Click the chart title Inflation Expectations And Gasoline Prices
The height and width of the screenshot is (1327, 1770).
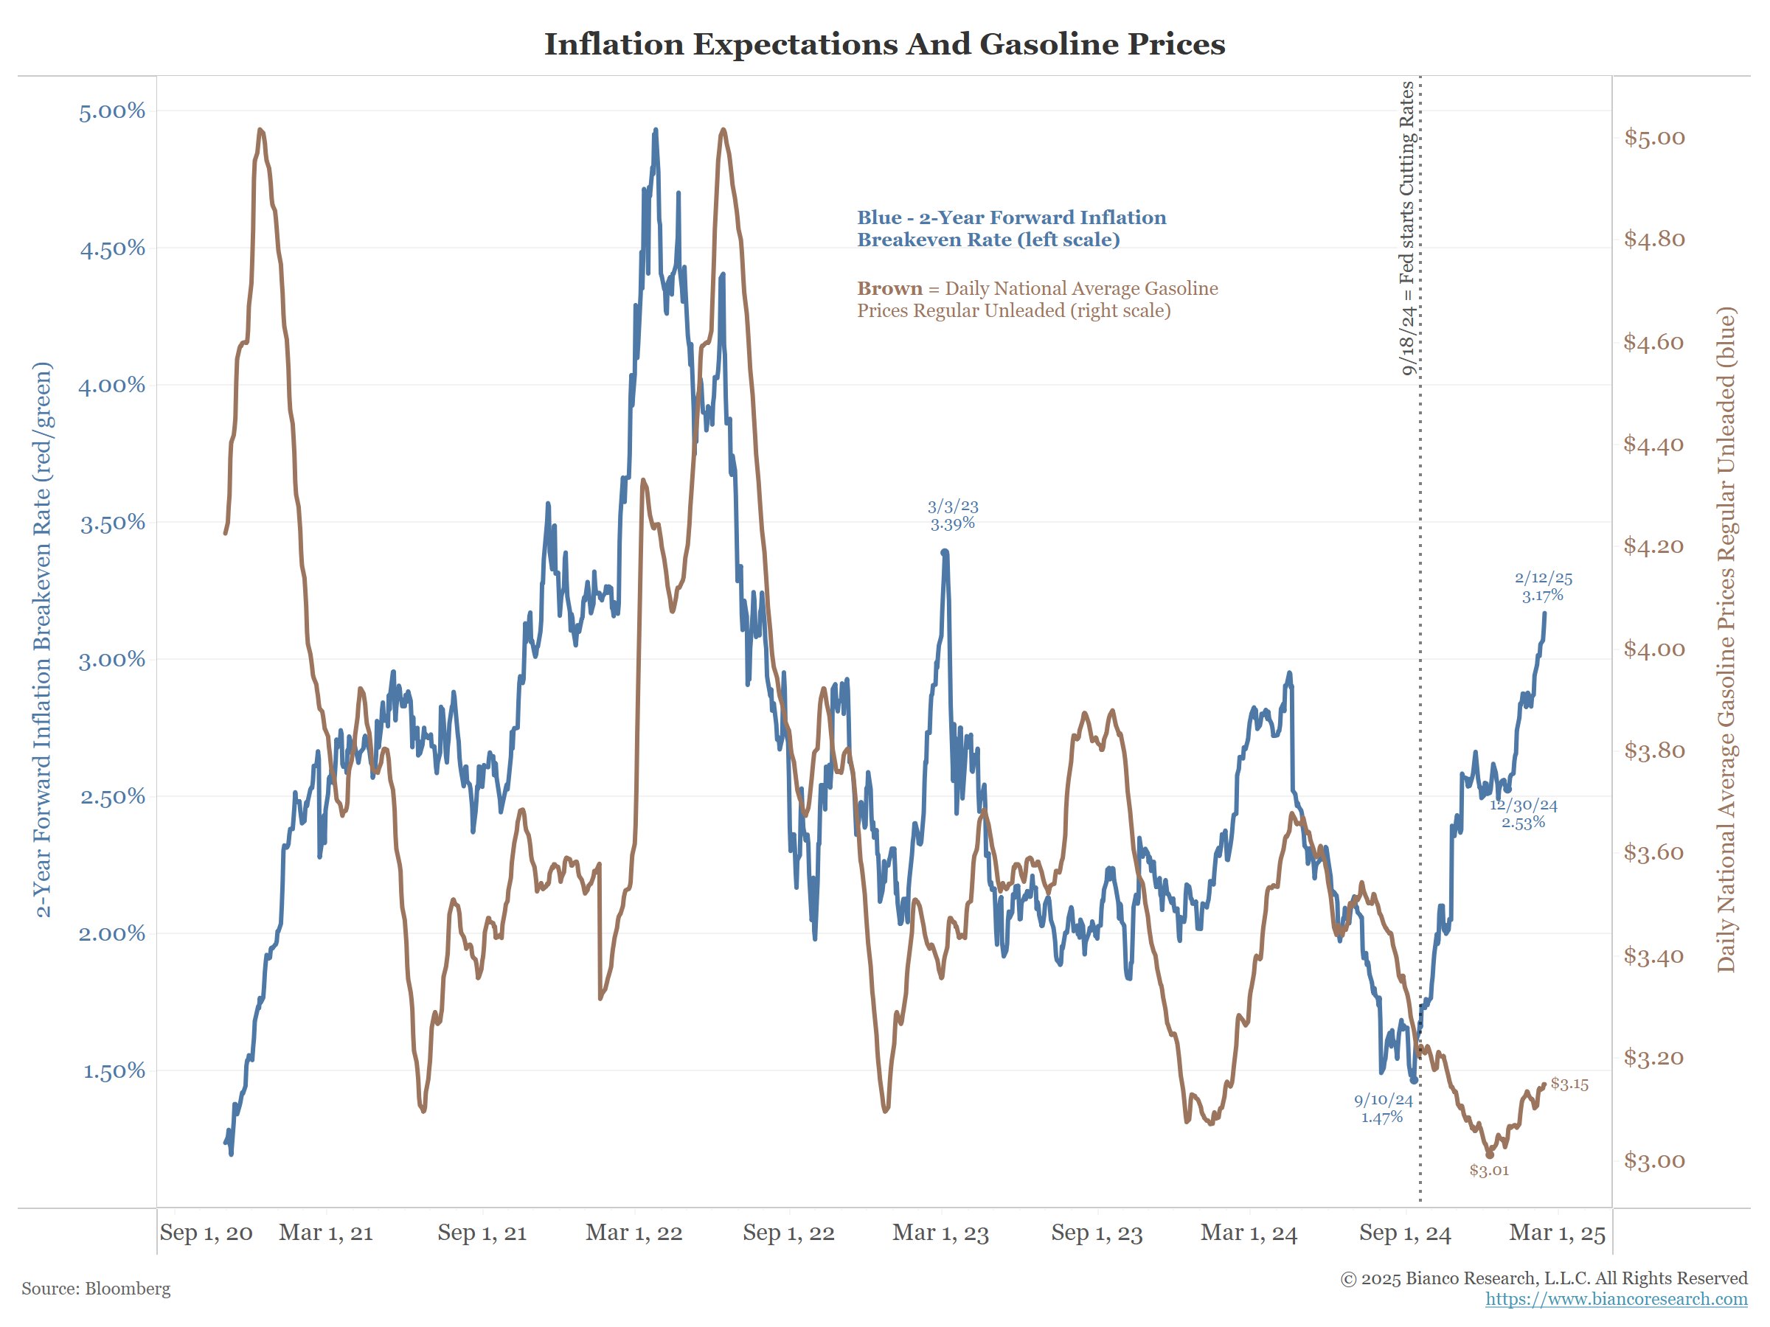pyautogui.click(x=884, y=44)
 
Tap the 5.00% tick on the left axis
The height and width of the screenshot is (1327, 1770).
pyautogui.click(x=112, y=111)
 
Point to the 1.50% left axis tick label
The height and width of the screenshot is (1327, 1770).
pyautogui.click(x=114, y=1071)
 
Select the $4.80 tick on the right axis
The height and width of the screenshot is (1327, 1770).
pyautogui.click(x=1654, y=239)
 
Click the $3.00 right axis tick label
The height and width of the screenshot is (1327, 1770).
pyautogui.click(x=1654, y=1160)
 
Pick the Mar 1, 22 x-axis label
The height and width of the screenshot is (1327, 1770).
pyautogui.click(x=634, y=1233)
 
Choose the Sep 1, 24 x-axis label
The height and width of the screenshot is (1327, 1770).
pyautogui.click(x=1404, y=1233)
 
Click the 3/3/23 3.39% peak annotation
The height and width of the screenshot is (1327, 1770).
pyautogui.click(x=952, y=515)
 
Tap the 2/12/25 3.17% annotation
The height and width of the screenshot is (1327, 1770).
pyautogui.click(x=1543, y=586)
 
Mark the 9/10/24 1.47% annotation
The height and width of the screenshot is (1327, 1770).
pyautogui.click(x=1383, y=1109)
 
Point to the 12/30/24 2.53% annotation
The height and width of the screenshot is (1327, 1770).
pyautogui.click(x=1524, y=813)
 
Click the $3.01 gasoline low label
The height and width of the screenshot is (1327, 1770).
pyautogui.click(x=1488, y=1170)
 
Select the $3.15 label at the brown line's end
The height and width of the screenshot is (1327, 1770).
pyautogui.click(x=1569, y=1084)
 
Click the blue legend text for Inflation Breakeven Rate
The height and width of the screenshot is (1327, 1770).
pyautogui.click(x=1011, y=229)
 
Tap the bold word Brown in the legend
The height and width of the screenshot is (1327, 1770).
pyautogui.click(x=889, y=289)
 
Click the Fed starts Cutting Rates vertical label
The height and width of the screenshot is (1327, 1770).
pyautogui.click(x=1407, y=228)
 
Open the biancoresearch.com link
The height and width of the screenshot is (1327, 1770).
pyautogui.click(x=1616, y=1299)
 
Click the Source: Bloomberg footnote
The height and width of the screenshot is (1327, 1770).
pyautogui.click(x=96, y=1289)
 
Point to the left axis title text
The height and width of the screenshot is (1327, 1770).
pyautogui.click(x=44, y=640)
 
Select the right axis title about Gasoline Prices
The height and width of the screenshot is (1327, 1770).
pyautogui.click(x=1726, y=640)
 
